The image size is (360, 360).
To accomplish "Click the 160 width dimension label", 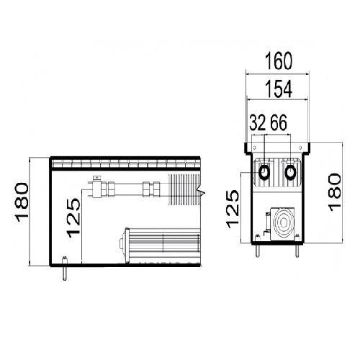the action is (279, 61).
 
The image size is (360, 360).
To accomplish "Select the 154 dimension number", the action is (279, 89).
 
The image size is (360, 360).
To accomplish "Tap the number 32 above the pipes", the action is (258, 122).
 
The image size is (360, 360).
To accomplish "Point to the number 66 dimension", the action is (279, 122).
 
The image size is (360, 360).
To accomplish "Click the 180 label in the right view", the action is (335, 192).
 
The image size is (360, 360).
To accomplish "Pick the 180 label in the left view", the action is (22, 202).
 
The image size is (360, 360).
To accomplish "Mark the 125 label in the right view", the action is (233, 209).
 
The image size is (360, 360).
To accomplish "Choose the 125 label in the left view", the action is (73, 217).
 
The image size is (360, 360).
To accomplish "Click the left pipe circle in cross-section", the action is (265, 172).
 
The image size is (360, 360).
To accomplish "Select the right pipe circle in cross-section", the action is (290, 172).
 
